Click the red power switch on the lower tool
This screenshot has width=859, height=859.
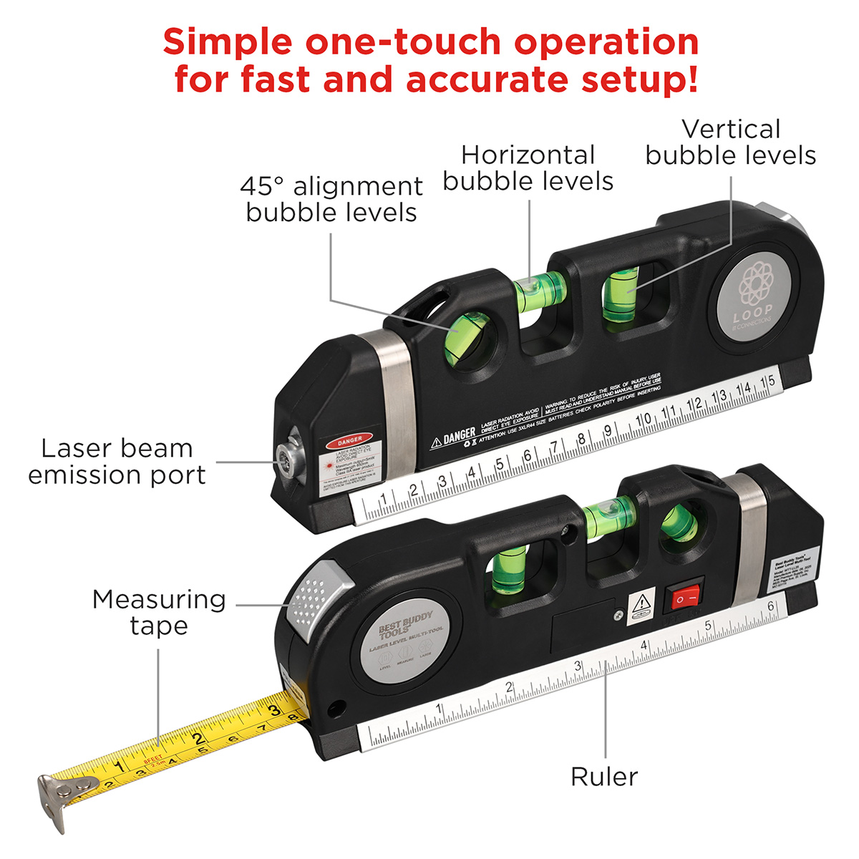point(684,596)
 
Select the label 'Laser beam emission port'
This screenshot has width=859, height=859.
point(117,462)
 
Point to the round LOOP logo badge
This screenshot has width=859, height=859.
point(754,294)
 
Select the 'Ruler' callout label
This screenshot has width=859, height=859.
point(603,777)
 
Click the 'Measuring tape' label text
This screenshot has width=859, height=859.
point(159,612)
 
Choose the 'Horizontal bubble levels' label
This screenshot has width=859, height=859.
point(528,168)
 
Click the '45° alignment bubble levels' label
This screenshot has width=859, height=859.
point(331,199)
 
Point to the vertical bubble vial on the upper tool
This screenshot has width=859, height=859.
point(621,293)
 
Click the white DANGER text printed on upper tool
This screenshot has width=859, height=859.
point(458,435)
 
